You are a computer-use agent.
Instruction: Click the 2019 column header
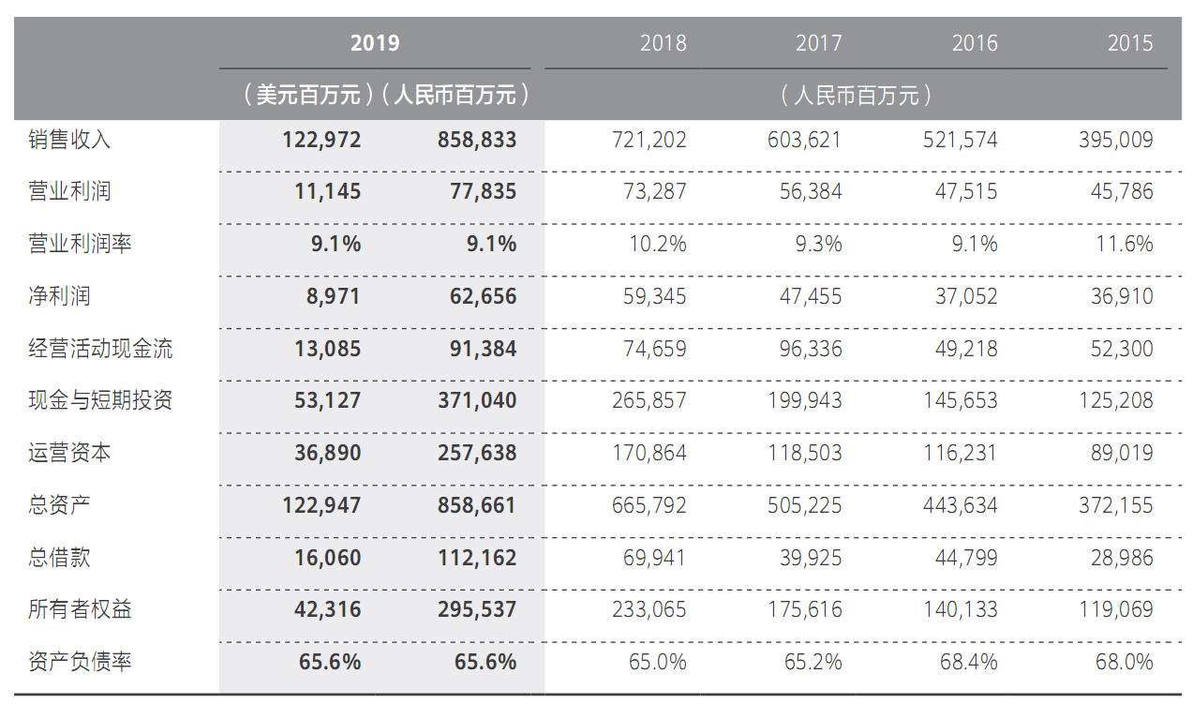tap(375, 43)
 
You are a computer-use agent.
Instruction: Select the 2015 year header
tap(1129, 43)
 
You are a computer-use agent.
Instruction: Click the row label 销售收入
tap(69, 140)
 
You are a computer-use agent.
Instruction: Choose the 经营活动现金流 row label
tap(100, 350)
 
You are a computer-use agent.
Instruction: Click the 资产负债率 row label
tap(80, 662)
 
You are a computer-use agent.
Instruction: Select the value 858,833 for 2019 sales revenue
tap(477, 140)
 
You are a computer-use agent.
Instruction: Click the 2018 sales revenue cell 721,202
tap(649, 140)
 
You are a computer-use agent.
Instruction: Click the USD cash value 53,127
tap(321, 401)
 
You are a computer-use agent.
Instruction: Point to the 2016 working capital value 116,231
tap(960, 454)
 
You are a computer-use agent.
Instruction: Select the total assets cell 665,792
tap(649, 506)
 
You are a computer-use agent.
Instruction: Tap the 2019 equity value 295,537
tap(477, 609)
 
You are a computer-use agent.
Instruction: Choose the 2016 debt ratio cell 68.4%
tap(968, 662)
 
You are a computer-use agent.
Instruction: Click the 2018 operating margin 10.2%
tap(657, 245)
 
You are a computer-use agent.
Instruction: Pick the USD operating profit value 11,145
tap(321, 192)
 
